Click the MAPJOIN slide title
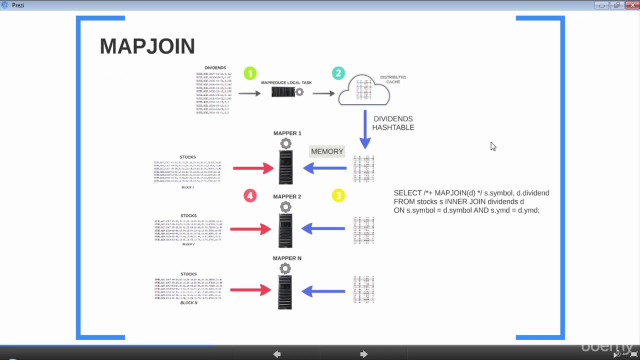coord(147,46)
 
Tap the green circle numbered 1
coord(250,73)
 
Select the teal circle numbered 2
coord(338,73)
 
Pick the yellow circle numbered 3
coord(338,195)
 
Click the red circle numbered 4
coord(250,195)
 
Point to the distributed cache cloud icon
coord(364,90)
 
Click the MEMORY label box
coord(327,151)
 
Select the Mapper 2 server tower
coord(285,230)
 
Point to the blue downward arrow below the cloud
coord(365,129)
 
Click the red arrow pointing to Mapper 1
coord(253,168)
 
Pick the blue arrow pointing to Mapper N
coord(323,290)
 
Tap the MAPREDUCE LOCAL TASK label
coord(286,82)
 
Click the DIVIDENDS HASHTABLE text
coord(393,123)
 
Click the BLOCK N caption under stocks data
coord(188,303)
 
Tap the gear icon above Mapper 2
coord(285,207)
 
